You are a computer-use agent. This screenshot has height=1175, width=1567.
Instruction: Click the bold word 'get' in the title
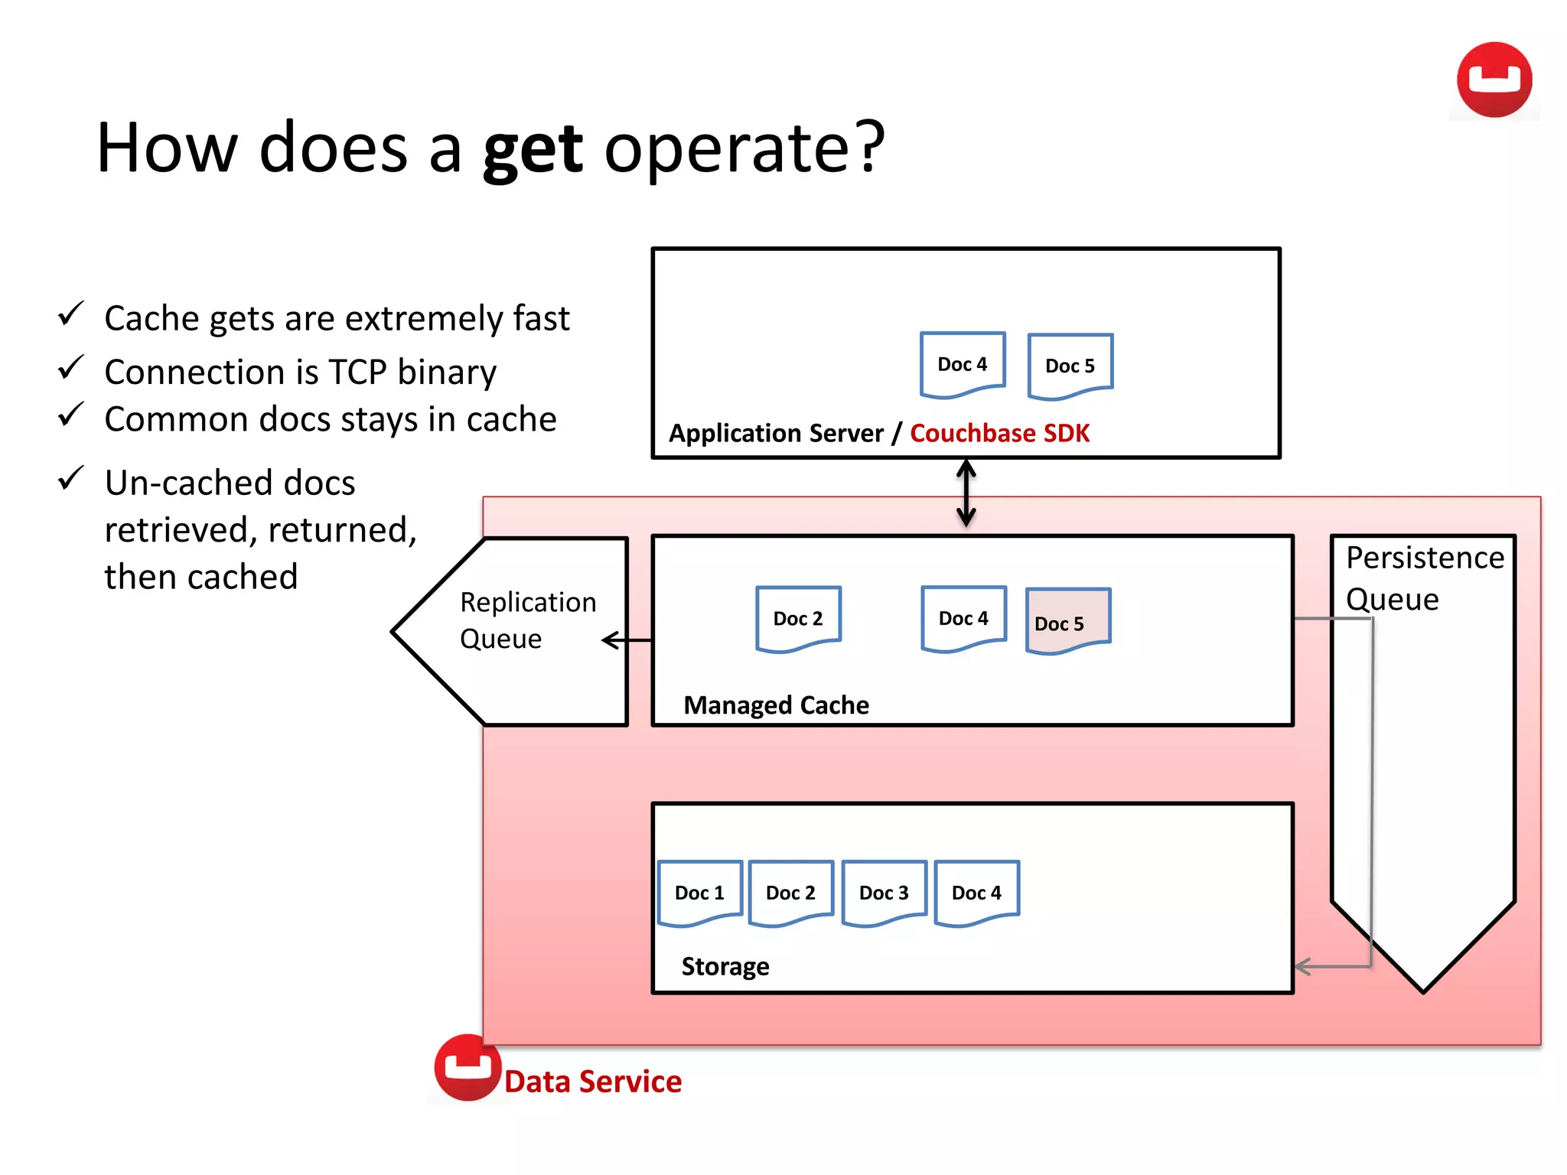click(533, 149)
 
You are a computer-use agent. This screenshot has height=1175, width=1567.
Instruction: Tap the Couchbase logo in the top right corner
click(1494, 80)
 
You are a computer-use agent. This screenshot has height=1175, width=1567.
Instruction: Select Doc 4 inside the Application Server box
click(962, 364)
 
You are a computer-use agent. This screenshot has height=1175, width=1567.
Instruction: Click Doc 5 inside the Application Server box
click(1070, 366)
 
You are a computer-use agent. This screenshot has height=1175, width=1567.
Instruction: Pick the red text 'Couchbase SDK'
click(999, 433)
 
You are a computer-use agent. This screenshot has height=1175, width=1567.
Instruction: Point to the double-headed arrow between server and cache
click(966, 493)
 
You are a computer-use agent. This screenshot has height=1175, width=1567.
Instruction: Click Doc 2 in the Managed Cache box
click(798, 618)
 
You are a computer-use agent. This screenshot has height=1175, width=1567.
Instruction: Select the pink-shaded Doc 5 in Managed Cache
click(1067, 621)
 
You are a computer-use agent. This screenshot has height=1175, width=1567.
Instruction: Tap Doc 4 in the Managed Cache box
click(963, 618)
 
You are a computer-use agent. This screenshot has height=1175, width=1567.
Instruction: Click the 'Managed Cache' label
click(776, 705)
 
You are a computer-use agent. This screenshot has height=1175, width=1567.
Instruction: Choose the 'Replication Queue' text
click(526, 620)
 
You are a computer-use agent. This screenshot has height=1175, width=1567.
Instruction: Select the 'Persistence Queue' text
click(1423, 578)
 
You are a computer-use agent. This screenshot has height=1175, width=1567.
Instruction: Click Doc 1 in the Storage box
click(699, 893)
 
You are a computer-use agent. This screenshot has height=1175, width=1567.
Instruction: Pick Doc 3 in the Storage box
click(884, 893)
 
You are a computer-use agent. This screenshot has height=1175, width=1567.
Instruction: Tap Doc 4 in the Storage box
click(976, 893)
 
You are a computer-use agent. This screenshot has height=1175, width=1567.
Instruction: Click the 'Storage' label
click(725, 966)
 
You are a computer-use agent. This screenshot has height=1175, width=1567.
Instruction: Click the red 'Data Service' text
click(592, 1082)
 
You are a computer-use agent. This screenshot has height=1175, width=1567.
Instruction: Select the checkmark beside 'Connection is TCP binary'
click(70, 368)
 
